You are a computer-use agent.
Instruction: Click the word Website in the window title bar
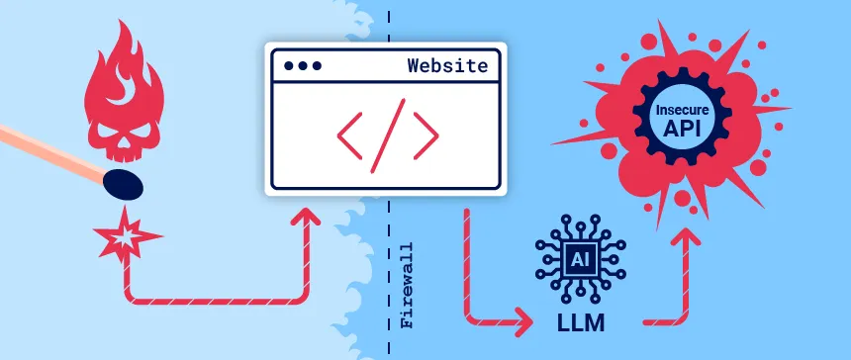pyautogui.click(x=447, y=66)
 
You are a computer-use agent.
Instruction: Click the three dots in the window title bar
pyautogui.click(x=303, y=66)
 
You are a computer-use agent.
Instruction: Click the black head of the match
pyautogui.click(x=123, y=182)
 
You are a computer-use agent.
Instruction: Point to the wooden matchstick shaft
pyautogui.click(x=49, y=153)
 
